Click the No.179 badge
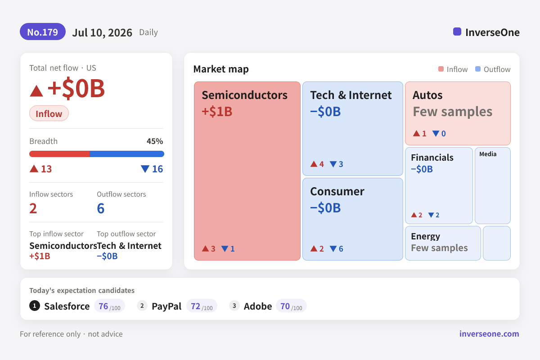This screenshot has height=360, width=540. coord(43,32)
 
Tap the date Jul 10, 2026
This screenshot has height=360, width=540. coord(102,32)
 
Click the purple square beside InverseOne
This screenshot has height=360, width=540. coord(457,31)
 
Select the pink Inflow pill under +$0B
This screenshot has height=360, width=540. coord(49,113)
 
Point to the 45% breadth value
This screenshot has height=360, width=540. coord(155,141)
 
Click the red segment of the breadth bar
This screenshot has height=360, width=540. coord(59,154)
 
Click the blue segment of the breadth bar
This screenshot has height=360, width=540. coord(127,154)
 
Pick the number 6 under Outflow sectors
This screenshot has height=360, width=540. coord(101,208)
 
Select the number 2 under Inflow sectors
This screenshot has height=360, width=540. coord(33,208)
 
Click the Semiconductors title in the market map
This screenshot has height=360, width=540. coord(245,95)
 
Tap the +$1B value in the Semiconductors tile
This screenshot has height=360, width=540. coord(217,112)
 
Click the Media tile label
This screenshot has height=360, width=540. coord(488,154)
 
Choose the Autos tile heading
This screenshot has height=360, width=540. coord(427,95)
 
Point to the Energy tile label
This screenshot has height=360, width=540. coord(426,236)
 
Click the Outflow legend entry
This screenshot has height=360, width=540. coord(493,69)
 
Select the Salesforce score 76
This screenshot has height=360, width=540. coord(103,306)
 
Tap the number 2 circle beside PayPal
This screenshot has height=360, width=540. coord(142,306)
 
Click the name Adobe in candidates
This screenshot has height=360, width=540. coord(258,306)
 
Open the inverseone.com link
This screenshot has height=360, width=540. coord(489,334)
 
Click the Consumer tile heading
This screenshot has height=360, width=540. coord(337,191)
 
